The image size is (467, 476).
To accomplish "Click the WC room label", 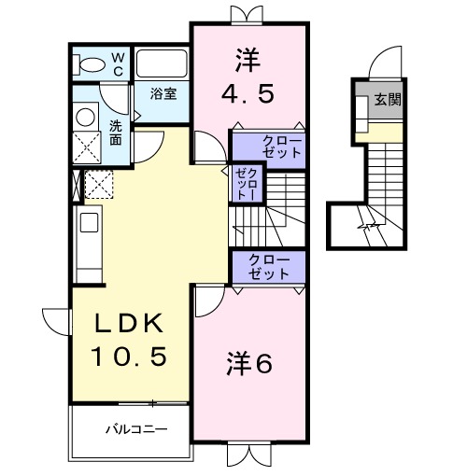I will tap(119, 63).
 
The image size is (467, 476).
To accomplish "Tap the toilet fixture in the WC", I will tap(92, 64).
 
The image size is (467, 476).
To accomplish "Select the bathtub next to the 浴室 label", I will tap(163, 65).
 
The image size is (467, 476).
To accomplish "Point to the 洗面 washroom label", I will tap(115, 132).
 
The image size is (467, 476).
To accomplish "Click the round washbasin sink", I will tap(85, 116).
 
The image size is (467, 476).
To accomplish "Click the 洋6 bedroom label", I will tap(249, 364).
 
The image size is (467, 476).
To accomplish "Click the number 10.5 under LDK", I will tap(129, 356).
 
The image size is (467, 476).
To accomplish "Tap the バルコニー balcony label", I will tap(134, 430).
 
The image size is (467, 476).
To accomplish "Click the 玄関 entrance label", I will tap(389, 100).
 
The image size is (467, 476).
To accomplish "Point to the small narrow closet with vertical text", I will tap(247, 185).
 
